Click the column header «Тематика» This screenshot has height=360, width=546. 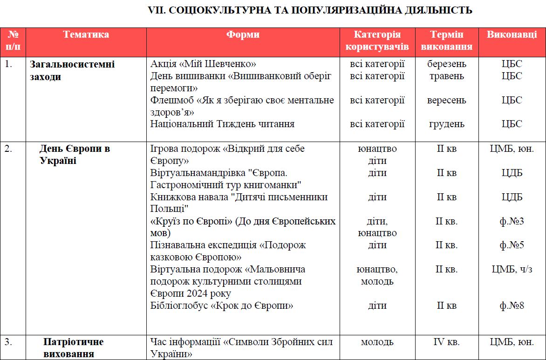tap(86, 35)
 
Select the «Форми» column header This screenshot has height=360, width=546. tap(243, 35)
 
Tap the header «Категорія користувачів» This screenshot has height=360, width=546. tap(377, 41)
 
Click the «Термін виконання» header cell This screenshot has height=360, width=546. tap(446, 41)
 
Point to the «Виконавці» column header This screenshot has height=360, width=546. tap(512, 35)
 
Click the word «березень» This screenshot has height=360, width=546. tap(446, 64)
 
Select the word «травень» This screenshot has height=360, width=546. tap(446, 76)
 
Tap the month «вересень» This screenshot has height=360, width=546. tap(446, 100)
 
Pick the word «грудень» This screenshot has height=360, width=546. tap(446, 124)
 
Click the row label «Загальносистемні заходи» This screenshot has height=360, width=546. tap(72, 70)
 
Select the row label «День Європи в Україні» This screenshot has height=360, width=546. tap(75, 155)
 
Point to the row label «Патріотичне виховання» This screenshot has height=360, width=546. tap(74, 348)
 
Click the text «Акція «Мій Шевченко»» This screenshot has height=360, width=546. tap(203, 64)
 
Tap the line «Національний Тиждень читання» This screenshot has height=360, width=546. tap(222, 124)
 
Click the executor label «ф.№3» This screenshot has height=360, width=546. tap(512, 221)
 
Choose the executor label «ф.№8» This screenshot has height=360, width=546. tap(512, 306)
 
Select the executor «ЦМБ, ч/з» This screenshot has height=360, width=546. tap(512, 269)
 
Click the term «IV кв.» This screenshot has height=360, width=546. tap(446, 342)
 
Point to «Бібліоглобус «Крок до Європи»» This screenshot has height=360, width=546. tap(222, 306)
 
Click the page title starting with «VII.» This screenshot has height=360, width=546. tap(310, 10)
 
